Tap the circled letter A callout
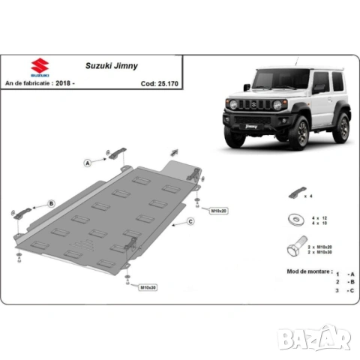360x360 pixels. click(88, 162)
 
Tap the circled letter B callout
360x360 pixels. click(51, 203)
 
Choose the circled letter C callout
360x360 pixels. click(190, 221)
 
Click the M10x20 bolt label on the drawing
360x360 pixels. click(218, 211)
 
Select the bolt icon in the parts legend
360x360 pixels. click(292, 247)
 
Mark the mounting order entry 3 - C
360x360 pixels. click(345, 289)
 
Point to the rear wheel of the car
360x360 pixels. click(341, 127)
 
